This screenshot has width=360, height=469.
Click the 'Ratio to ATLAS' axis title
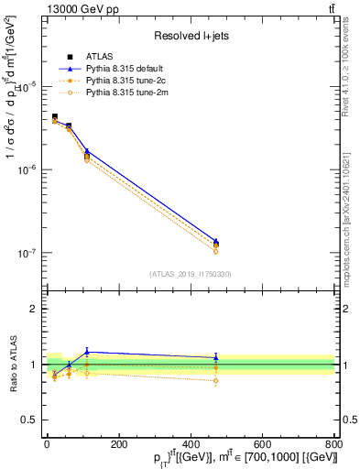(12, 365)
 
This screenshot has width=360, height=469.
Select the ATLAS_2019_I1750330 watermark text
(191, 273)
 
